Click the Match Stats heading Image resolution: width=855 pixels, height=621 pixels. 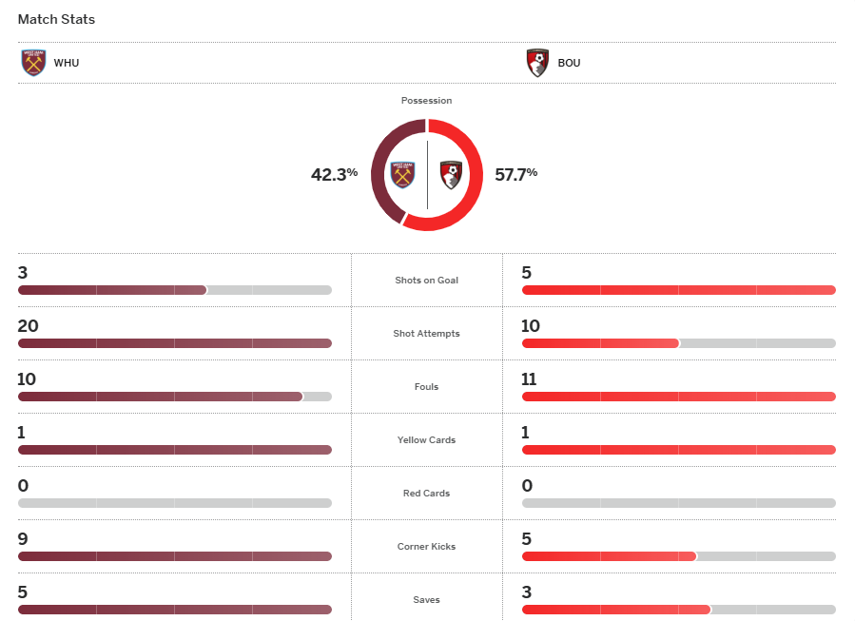[x=56, y=19]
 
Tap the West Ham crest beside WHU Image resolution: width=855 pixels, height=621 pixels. [x=33, y=63]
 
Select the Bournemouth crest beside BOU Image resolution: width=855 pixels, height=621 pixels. [x=537, y=63]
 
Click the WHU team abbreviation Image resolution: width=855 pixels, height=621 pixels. [x=67, y=64]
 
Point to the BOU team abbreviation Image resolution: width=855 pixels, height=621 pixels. [x=569, y=64]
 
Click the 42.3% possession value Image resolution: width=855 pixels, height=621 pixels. [x=334, y=174]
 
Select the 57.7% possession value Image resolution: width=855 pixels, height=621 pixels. [x=515, y=174]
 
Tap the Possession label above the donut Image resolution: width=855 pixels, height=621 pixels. [x=426, y=100]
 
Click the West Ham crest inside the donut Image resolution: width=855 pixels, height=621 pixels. [x=404, y=175]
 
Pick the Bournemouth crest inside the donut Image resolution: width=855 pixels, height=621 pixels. [x=451, y=175]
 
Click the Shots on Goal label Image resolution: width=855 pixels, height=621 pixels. [x=426, y=281]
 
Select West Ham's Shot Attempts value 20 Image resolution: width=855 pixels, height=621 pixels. [x=28, y=326]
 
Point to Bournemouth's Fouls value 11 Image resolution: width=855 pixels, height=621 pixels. [x=530, y=379]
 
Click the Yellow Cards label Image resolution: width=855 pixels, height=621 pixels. [x=426, y=440]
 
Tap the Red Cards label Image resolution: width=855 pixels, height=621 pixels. [x=426, y=494]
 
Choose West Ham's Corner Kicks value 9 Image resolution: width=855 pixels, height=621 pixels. [x=23, y=539]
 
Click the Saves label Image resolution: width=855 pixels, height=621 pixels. [x=426, y=600]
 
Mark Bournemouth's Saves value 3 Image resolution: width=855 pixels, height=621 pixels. [x=527, y=592]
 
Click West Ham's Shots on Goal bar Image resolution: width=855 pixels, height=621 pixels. [x=112, y=290]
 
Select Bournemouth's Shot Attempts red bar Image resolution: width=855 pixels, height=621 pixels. [x=600, y=343]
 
